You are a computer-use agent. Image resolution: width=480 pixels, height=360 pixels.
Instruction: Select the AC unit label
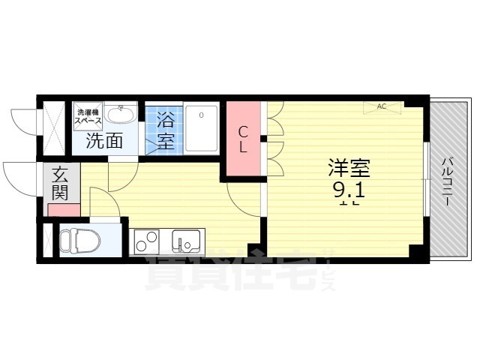[381, 106]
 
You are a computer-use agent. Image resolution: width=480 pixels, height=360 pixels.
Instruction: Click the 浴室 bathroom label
[165, 130]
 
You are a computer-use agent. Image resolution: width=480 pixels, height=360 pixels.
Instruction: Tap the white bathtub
[201, 128]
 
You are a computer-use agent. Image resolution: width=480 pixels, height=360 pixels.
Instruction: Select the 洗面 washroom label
[104, 139]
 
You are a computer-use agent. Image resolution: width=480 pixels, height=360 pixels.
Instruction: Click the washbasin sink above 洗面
[120, 114]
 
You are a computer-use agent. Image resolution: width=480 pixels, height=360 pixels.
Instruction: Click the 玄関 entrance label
[60, 184]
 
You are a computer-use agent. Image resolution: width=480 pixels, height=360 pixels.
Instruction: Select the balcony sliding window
[427, 180]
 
